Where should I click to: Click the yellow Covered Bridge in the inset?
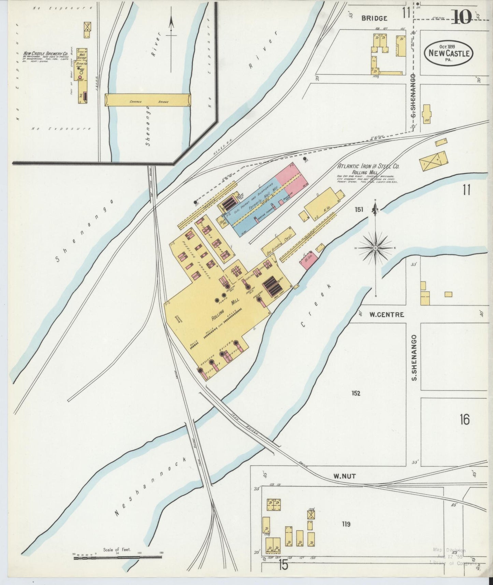148,100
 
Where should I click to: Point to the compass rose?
375,247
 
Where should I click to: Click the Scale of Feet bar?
118,558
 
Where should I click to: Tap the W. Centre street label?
387,314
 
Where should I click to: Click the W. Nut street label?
345,476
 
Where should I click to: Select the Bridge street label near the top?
375,18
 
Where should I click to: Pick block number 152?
356,393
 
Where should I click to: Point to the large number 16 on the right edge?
464,419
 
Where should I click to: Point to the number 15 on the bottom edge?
283,565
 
